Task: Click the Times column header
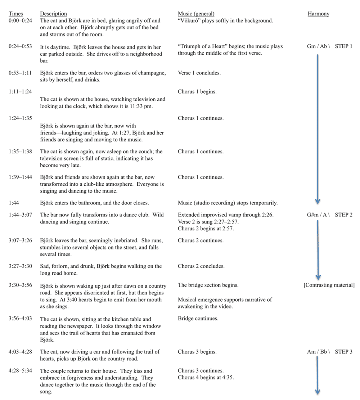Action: (x=15, y=14)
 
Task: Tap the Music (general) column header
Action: (x=196, y=14)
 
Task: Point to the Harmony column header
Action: (x=318, y=14)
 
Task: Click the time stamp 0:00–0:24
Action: (x=20, y=21)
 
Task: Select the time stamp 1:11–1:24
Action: (x=20, y=91)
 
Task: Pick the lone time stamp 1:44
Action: (x=14, y=203)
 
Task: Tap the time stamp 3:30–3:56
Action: (x=20, y=285)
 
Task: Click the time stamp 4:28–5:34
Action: (x=20, y=371)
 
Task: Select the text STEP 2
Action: (x=343, y=215)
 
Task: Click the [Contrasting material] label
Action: (x=329, y=285)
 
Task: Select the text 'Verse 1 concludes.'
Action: (x=199, y=73)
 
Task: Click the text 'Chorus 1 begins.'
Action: (x=197, y=91)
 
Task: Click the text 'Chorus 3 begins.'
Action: (x=197, y=352)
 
